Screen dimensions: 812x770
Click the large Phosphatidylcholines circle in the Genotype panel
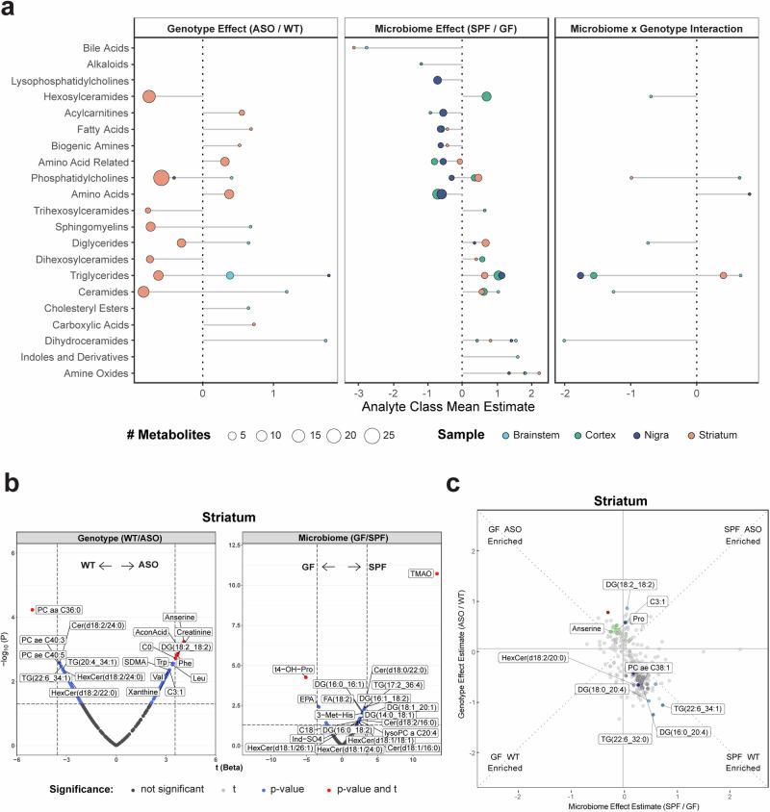point(162,178)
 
